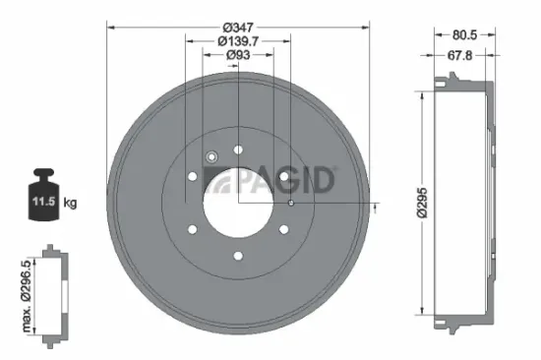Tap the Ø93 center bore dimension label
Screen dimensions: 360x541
click(x=236, y=56)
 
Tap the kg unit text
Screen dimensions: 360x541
click(x=70, y=203)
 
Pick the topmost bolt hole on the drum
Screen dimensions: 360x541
click(x=237, y=150)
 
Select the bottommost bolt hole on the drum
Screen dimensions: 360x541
click(x=237, y=256)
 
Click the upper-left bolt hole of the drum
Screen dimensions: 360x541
click(x=191, y=177)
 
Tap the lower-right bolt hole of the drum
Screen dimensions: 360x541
click(x=283, y=229)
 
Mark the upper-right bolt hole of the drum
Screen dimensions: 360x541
click(x=283, y=177)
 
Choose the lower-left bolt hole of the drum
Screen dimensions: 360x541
click(x=191, y=229)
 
